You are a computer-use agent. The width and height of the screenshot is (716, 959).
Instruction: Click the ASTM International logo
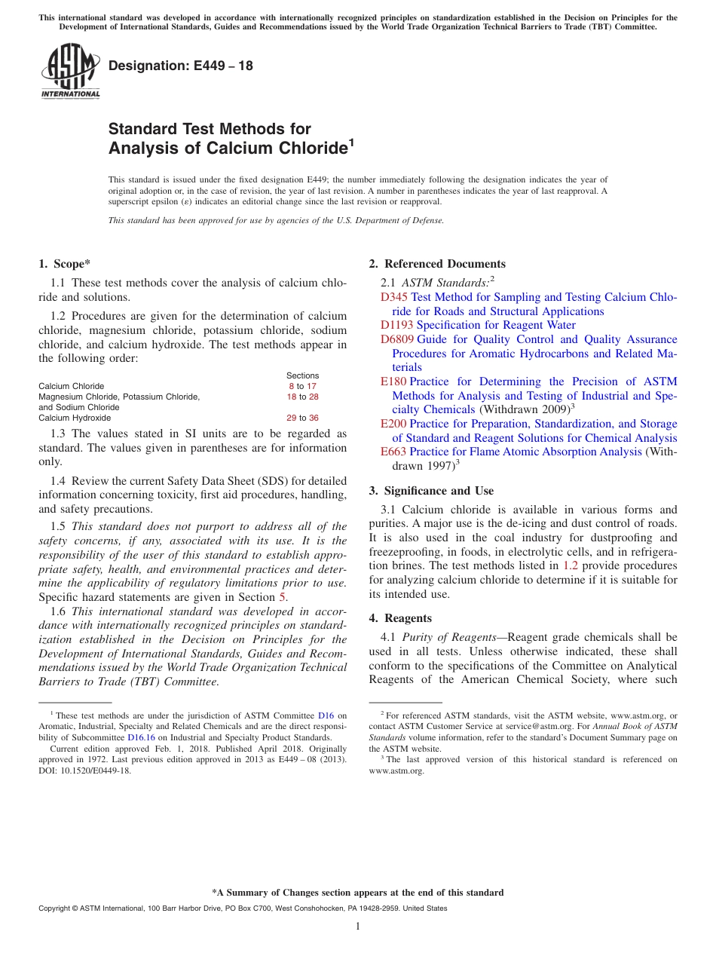click(x=70, y=71)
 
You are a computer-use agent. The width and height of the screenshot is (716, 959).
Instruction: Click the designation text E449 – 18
click(x=181, y=66)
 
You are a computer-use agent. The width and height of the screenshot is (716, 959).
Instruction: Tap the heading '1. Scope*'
click(x=64, y=264)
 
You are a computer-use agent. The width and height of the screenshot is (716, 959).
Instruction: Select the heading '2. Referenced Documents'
click(x=437, y=264)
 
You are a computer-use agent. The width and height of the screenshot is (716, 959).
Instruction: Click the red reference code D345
click(x=394, y=298)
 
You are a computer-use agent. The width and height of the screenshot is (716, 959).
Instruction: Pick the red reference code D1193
click(x=397, y=326)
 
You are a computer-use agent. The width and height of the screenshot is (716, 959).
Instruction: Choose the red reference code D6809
click(x=397, y=339)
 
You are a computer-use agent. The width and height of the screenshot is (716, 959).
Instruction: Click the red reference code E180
click(x=393, y=381)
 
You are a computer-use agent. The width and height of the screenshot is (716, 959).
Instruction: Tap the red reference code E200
click(x=393, y=424)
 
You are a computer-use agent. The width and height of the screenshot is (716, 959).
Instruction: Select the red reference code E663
click(x=393, y=452)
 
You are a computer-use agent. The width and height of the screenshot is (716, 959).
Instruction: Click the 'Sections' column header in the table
click(x=302, y=375)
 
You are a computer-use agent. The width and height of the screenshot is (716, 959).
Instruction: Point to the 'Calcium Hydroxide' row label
click(x=75, y=418)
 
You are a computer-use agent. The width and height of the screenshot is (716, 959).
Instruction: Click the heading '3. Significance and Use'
click(x=431, y=491)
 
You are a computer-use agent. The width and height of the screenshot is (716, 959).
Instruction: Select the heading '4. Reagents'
click(x=400, y=618)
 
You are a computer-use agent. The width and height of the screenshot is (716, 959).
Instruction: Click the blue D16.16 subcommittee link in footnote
click(x=141, y=737)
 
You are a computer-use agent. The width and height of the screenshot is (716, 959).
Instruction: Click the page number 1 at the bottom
click(x=358, y=927)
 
